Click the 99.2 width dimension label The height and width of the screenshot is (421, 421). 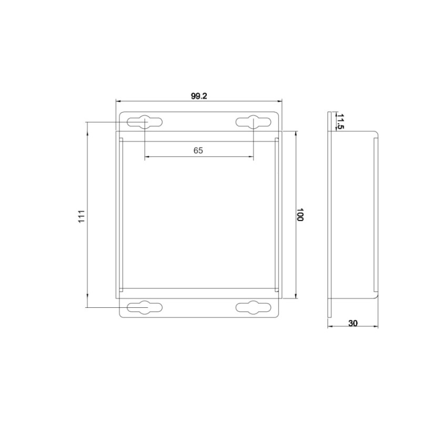pos(199,96)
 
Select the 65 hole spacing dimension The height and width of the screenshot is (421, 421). pos(198,151)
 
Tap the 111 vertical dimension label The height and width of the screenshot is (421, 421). pos(82,216)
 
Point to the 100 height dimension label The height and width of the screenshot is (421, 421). pos(300,215)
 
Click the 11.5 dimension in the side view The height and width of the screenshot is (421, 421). pos(340,121)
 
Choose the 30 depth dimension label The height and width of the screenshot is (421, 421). pos(353,324)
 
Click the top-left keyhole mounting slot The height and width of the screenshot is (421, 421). pos(145,122)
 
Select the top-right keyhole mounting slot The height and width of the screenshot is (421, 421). pos(254,122)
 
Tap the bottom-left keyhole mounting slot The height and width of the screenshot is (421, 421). pos(145,307)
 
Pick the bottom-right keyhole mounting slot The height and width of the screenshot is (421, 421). pos(254,307)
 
